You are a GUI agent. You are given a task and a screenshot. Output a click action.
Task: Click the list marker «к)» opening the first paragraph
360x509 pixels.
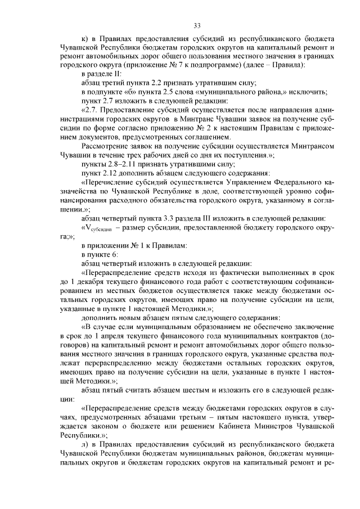85,39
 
